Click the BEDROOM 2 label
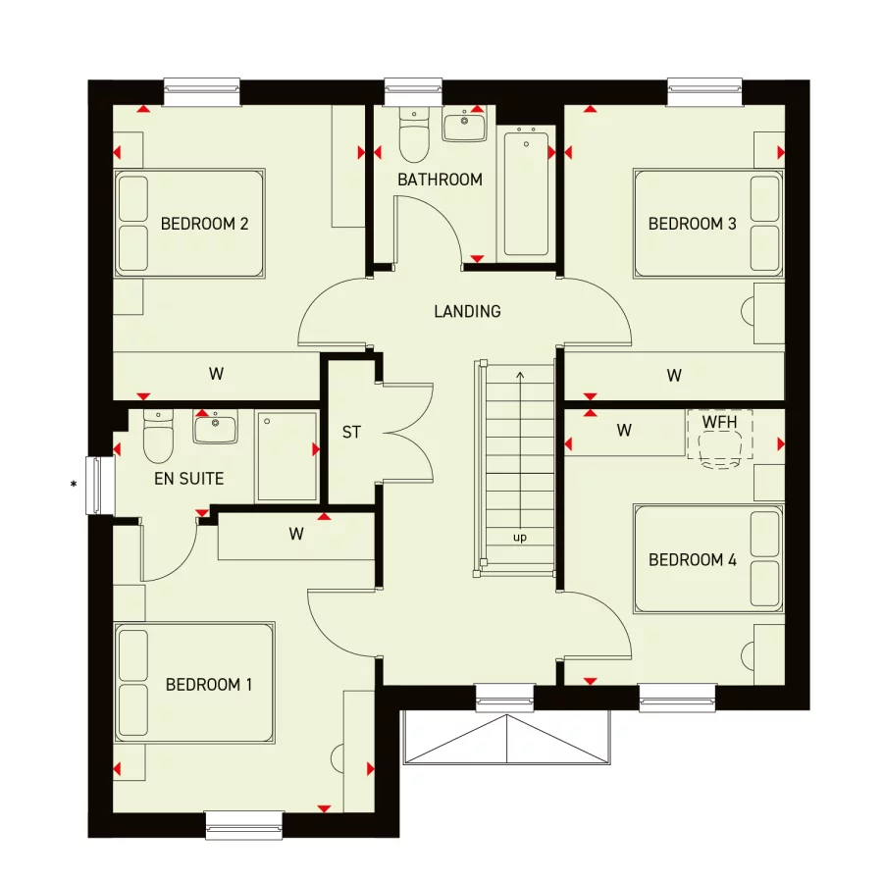pyautogui.click(x=204, y=224)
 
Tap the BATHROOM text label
pyautogui.click(x=440, y=180)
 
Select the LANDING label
pyautogui.click(x=467, y=311)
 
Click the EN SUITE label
pyautogui.click(x=188, y=479)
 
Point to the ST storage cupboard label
pyautogui.click(x=351, y=432)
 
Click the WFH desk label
pyautogui.click(x=719, y=421)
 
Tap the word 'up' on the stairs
pyautogui.click(x=519, y=538)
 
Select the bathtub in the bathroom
pyautogui.click(x=527, y=192)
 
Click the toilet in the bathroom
pyautogui.click(x=414, y=138)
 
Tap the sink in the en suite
pyautogui.click(x=215, y=428)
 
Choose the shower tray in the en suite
pyautogui.click(x=287, y=456)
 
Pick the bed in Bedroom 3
pyautogui.click(x=707, y=223)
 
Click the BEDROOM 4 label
pyautogui.click(x=692, y=560)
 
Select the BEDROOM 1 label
pyautogui.click(x=208, y=684)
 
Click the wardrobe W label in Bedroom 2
pyautogui.click(x=216, y=374)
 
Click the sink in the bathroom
pyautogui.click(x=464, y=126)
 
